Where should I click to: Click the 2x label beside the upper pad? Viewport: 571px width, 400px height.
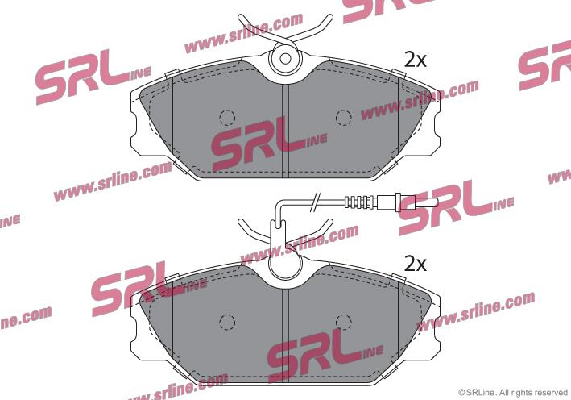[x=415, y=60]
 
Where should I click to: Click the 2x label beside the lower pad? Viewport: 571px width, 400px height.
[x=415, y=264]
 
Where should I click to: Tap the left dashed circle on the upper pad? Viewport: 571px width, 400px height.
[x=227, y=118]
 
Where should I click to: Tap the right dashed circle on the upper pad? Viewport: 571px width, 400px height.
[x=343, y=118]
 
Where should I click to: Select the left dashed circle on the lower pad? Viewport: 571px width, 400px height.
[x=227, y=322]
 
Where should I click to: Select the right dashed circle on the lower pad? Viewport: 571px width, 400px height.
[x=343, y=322]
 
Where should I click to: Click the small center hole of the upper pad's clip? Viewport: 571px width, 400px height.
[x=285, y=59]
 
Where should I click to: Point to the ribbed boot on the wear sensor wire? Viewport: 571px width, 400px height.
[x=359, y=202]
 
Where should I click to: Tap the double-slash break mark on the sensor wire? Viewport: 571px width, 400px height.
[x=315, y=202]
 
